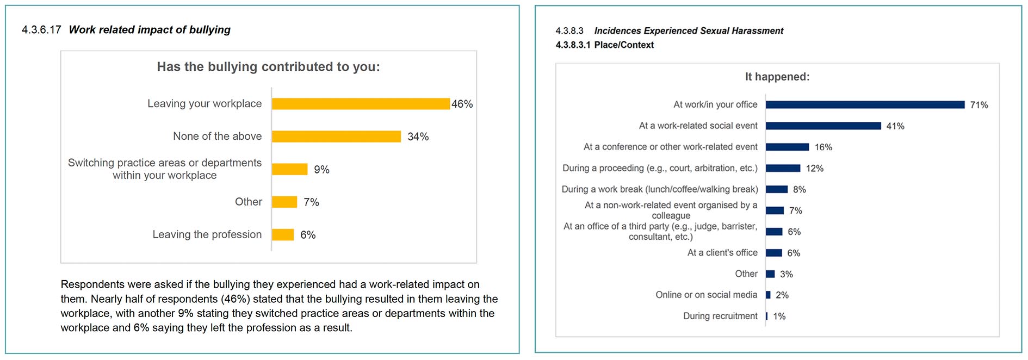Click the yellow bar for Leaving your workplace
(x=361, y=104)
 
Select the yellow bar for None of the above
(x=336, y=136)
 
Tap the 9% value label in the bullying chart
(x=321, y=170)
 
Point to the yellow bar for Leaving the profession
(x=283, y=235)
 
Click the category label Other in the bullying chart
(x=248, y=202)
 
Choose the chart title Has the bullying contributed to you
(x=268, y=67)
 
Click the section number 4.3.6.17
(x=41, y=30)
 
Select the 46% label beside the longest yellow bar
(x=462, y=104)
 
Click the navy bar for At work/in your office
(x=865, y=104)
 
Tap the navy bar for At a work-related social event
(x=823, y=126)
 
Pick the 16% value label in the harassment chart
(x=823, y=147)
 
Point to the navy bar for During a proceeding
(x=783, y=168)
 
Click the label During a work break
(x=659, y=189)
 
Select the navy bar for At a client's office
(x=773, y=253)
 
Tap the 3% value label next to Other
(x=786, y=274)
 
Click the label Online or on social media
(x=706, y=295)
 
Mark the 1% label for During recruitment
(x=779, y=316)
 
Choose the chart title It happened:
(x=777, y=77)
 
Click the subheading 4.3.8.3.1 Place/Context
(x=604, y=45)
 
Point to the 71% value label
(x=979, y=105)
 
